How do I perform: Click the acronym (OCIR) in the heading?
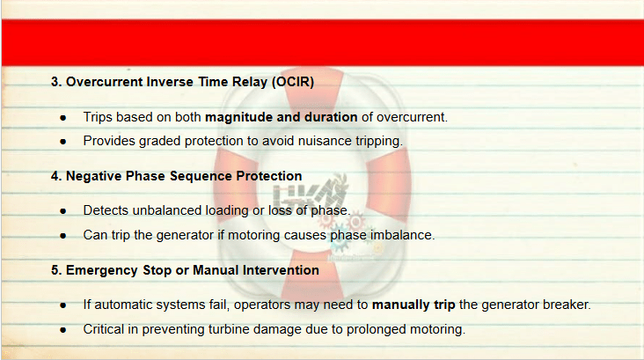point(293,82)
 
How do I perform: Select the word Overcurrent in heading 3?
point(105,82)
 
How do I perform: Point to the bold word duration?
point(331,117)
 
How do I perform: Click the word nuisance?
point(325,141)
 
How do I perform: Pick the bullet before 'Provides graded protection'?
point(62,142)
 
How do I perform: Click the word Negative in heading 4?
point(94,176)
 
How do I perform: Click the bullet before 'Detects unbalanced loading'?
point(62,211)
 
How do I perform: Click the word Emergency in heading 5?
point(102,270)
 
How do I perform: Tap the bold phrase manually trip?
point(413,305)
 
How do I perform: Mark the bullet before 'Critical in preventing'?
point(62,330)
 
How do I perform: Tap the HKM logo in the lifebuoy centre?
point(310,193)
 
